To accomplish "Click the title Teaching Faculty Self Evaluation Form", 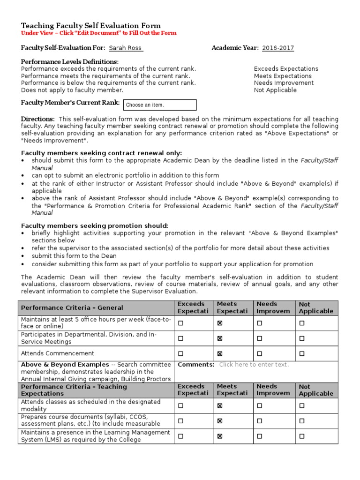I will coord(91,26).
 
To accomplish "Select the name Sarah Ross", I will coord(126,48).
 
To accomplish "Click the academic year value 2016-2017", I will coord(278,48).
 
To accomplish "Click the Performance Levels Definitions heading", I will coord(70,62).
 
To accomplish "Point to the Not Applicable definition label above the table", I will coord(275,90).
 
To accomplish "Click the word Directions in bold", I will coord(37,119).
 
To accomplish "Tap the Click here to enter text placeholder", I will coord(254,364).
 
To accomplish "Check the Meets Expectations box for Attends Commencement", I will coord(220,353).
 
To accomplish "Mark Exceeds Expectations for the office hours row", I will coord(180,323).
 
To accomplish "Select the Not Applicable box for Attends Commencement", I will coord(302,353).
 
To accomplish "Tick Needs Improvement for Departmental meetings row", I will coord(260,338).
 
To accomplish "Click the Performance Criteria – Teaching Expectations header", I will coord(74,390).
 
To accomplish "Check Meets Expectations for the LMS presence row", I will coord(220,436).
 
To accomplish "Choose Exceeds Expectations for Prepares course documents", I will coord(180,421).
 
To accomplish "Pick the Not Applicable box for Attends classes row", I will coord(302,406).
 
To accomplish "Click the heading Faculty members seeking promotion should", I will coord(95,225).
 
